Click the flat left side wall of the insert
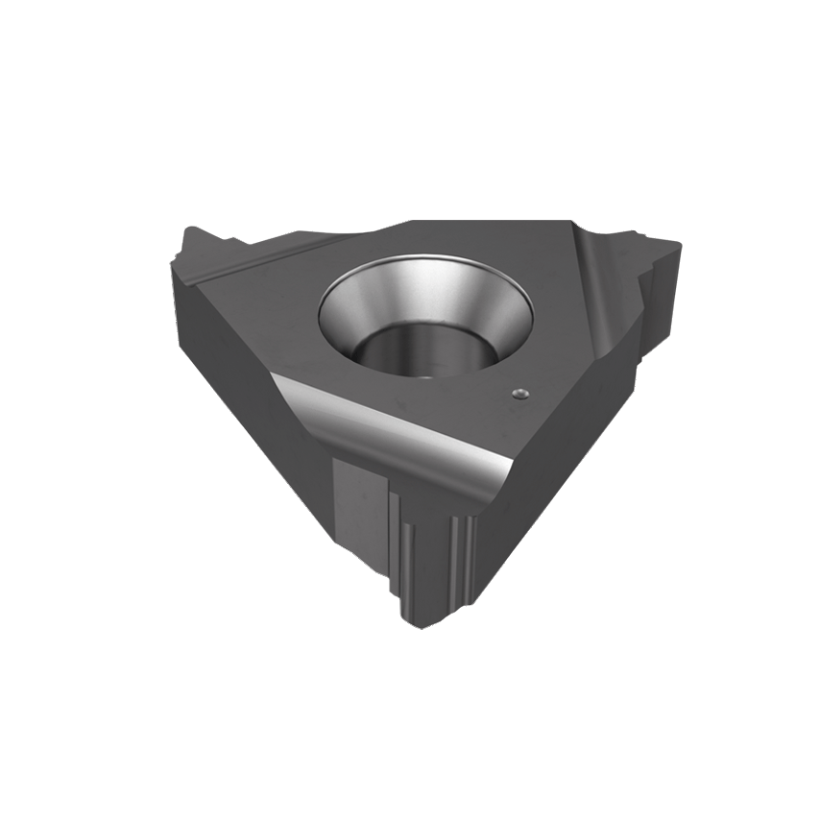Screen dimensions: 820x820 230,365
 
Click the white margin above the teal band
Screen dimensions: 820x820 410,77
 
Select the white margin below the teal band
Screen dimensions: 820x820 410,739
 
